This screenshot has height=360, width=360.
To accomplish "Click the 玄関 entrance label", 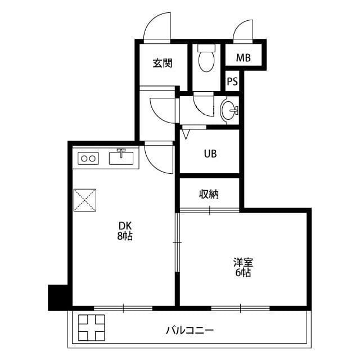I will (x=163, y=63).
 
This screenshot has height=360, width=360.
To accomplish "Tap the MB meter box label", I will (x=243, y=57).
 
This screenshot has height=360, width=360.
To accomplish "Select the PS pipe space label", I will (x=232, y=81).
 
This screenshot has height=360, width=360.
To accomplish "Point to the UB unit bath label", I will (x=210, y=153).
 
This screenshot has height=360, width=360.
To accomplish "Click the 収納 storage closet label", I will (x=209, y=195).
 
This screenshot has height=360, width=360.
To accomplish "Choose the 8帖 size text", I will (x=124, y=237).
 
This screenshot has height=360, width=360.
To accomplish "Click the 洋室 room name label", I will (x=244, y=263).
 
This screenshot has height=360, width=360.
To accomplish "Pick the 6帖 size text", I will (x=243, y=273).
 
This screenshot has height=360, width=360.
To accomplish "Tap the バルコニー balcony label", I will (x=190, y=330).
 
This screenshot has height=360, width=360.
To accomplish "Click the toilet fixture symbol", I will (x=207, y=58).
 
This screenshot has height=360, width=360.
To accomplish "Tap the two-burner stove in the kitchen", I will (x=88, y=159).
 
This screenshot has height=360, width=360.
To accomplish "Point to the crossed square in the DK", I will (x=85, y=199).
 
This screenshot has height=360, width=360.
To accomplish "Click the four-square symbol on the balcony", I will (x=92, y=329).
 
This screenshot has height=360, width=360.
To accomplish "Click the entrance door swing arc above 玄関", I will (x=156, y=27).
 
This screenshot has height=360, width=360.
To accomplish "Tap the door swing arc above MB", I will (x=244, y=31).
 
